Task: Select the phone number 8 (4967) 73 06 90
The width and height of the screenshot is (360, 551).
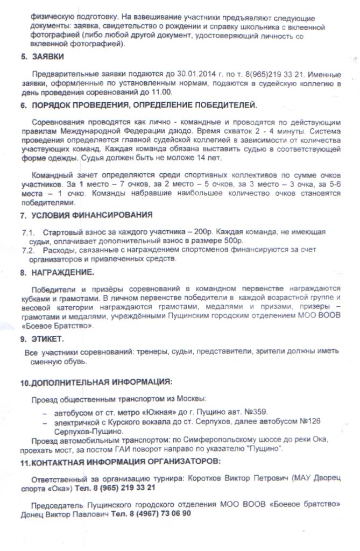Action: tap(157, 513)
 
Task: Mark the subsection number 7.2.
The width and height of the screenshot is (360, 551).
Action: tap(29, 250)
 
